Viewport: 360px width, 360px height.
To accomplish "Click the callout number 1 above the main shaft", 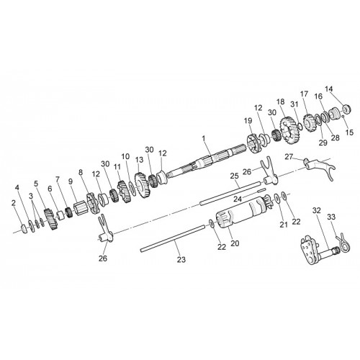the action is (204, 139).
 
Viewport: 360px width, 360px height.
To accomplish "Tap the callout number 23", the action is (181, 259).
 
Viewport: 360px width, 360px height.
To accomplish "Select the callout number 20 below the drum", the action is (235, 243).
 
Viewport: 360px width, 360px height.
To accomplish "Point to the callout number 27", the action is (289, 157).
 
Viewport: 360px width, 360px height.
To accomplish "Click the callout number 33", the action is (331, 217).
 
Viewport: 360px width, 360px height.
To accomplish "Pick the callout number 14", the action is (329, 89).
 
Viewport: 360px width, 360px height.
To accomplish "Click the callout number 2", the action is (14, 203).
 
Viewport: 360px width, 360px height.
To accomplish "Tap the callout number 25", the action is (234, 176).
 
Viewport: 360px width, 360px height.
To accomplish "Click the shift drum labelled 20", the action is (243, 212).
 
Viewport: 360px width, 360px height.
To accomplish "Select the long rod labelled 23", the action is (172, 238).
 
